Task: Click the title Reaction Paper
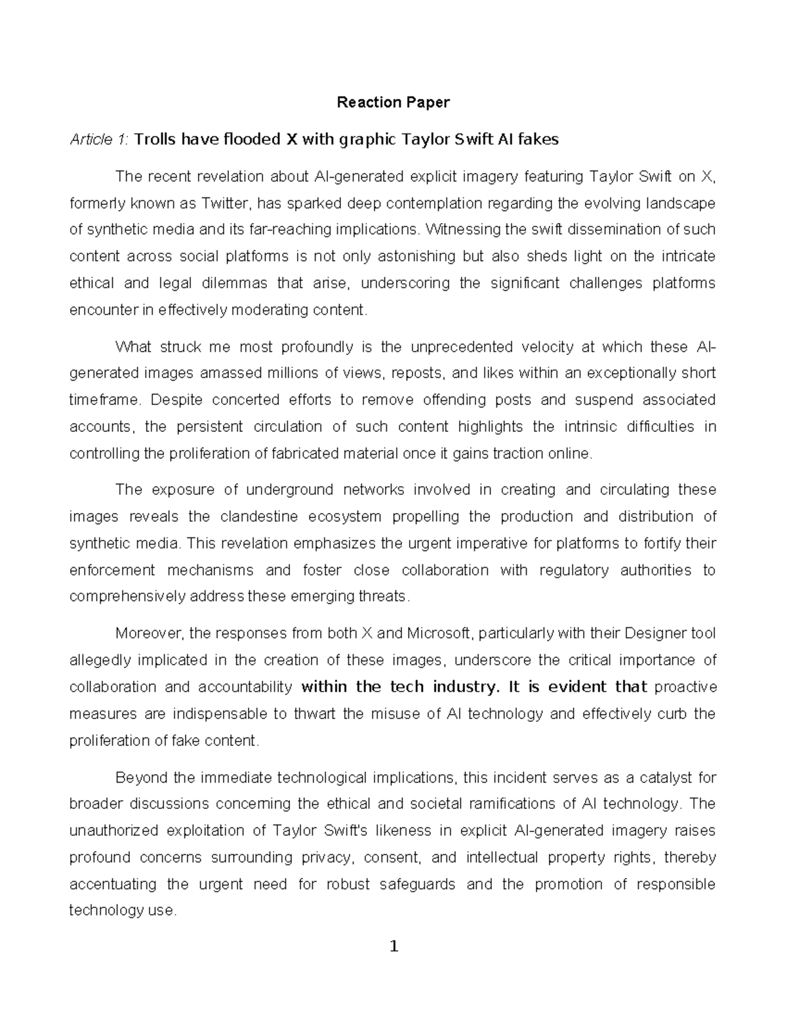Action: click(393, 102)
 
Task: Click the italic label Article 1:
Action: click(99, 140)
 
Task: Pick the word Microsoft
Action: click(439, 634)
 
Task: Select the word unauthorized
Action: click(113, 831)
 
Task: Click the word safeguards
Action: click(418, 884)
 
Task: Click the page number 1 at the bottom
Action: click(393, 946)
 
